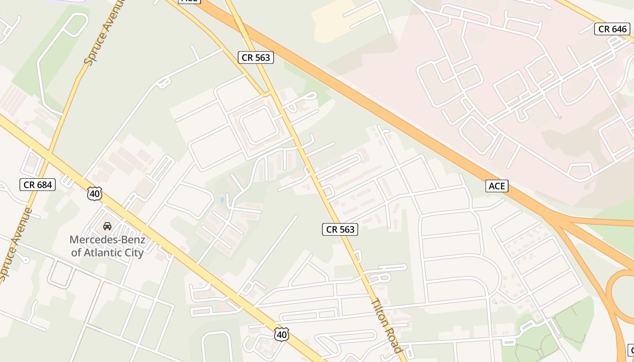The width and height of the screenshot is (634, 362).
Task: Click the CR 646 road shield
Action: (x=613, y=29)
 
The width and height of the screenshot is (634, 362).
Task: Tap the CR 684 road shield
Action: (x=38, y=185)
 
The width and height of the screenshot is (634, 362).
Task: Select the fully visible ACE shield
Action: (x=497, y=186)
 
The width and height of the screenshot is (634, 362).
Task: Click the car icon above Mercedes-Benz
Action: (x=107, y=226)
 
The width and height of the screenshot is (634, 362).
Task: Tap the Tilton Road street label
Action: (x=386, y=325)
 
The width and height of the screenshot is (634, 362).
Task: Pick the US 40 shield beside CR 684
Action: (x=95, y=194)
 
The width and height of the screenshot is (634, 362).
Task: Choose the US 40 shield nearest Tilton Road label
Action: (x=281, y=334)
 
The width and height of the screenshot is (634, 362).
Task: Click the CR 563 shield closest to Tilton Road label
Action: (x=340, y=229)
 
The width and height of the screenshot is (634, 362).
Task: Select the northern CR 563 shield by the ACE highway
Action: (x=256, y=57)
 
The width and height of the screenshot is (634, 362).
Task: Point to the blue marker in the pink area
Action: (x=561, y=118)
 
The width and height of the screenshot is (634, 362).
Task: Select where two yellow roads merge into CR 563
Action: (x=268, y=94)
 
